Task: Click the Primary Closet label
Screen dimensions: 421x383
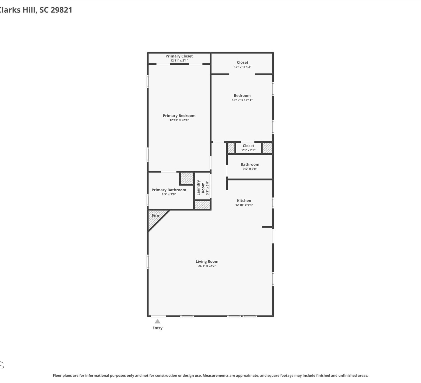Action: pyautogui.click(x=179, y=56)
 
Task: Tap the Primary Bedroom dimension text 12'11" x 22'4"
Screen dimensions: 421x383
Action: pyautogui.click(x=179, y=120)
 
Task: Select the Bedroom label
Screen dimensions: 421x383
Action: pyautogui.click(x=242, y=95)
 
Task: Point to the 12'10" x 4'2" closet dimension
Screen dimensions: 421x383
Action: pyautogui.click(x=242, y=67)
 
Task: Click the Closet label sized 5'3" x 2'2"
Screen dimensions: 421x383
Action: pyautogui.click(x=248, y=146)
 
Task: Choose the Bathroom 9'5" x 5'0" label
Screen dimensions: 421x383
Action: pyautogui.click(x=250, y=164)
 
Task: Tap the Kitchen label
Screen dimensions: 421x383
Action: pyautogui.click(x=244, y=201)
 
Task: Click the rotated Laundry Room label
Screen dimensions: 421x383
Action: pyautogui.click(x=201, y=188)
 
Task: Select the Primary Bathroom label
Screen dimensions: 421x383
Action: pyautogui.click(x=169, y=190)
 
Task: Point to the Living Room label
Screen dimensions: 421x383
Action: pyautogui.click(x=207, y=262)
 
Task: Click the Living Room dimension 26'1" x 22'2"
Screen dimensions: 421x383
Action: pyautogui.click(x=207, y=266)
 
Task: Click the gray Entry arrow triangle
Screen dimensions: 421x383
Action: pyautogui.click(x=157, y=321)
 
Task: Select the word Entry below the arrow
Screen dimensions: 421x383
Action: pyautogui.click(x=157, y=328)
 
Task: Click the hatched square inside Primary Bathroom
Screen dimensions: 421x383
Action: pyautogui.click(x=187, y=178)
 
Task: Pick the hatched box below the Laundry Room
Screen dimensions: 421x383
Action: pyautogui.click(x=202, y=205)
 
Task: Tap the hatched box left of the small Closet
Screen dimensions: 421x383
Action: pyautogui.click(x=231, y=148)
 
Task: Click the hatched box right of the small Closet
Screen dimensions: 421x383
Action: pyautogui.click(x=267, y=148)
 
